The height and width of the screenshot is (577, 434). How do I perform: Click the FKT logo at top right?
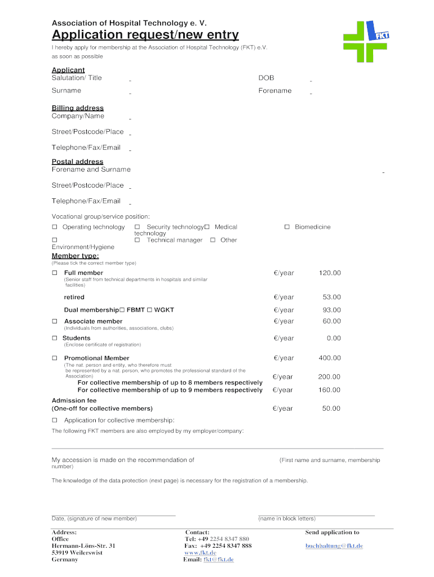click(366, 41)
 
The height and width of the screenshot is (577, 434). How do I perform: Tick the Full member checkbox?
click(55, 273)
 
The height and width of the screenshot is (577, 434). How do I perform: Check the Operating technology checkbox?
click(55, 227)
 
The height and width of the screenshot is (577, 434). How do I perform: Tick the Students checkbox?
click(55, 338)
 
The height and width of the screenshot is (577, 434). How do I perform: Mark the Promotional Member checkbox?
click(55, 358)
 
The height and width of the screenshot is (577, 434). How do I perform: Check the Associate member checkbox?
click(55, 321)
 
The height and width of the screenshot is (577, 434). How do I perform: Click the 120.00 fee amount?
click(330, 273)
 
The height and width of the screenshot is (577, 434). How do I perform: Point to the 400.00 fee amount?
click(330, 358)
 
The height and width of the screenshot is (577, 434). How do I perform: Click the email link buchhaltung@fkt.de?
click(334, 546)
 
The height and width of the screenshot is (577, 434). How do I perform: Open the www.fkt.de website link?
click(200, 553)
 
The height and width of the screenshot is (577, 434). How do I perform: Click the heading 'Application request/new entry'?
click(145, 35)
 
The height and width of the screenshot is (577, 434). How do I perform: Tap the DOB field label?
click(266, 78)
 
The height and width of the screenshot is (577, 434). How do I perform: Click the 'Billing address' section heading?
click(78, 108)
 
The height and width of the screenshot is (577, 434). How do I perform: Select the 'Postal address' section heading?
click(78, 162)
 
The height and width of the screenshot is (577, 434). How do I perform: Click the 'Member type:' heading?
click(76, 256)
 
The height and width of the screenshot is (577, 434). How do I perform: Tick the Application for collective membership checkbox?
click(55, 420)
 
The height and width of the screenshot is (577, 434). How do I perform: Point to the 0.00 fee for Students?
click(334, 338)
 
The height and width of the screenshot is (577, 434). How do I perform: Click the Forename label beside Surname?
click(275, 91)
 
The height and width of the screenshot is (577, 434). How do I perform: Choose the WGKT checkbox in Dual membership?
click(150, 310)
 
